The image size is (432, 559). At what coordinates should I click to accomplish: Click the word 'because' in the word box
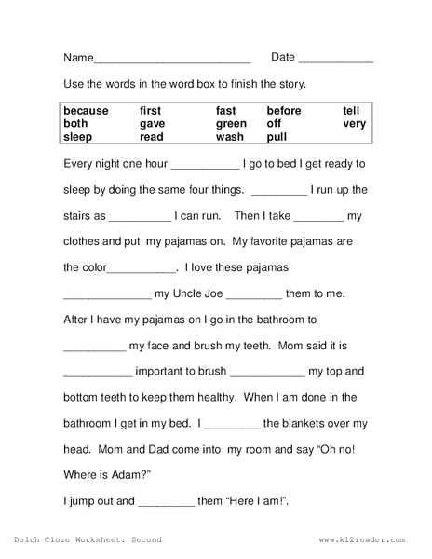point(87,111)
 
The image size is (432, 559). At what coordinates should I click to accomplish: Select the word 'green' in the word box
point(232,123)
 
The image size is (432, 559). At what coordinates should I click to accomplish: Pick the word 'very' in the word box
point(354,123)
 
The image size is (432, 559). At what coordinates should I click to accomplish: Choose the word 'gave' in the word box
point(152,123)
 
